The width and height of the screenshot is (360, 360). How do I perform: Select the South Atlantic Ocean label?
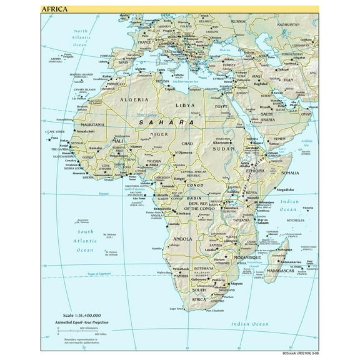pyautogui.click(x=85, y=240)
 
